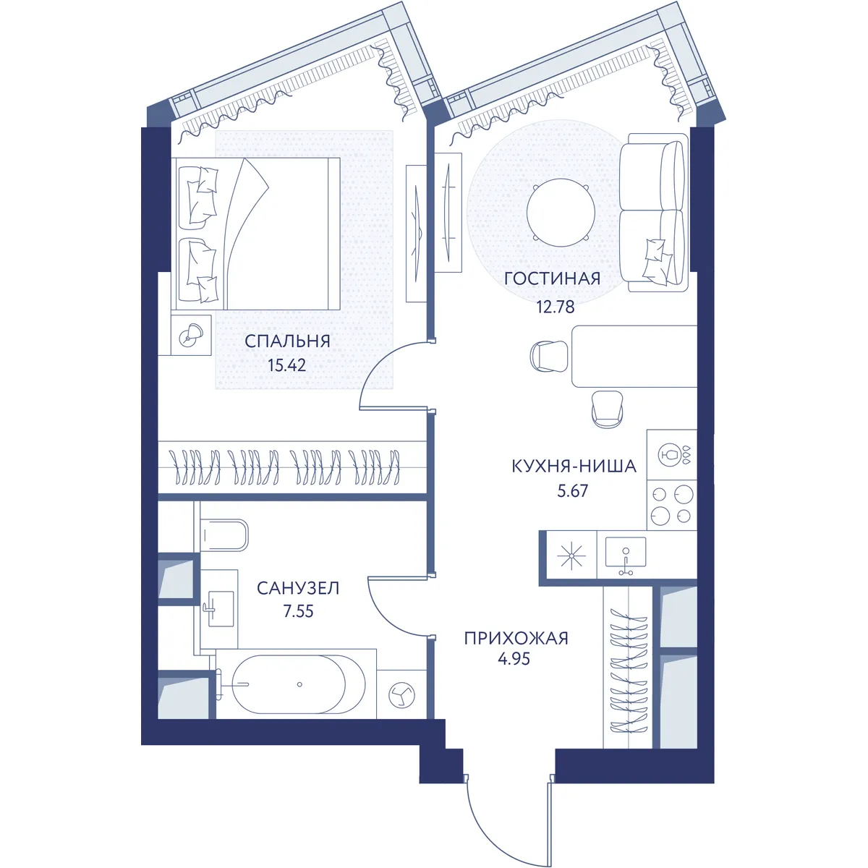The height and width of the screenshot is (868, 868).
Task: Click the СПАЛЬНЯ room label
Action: [287, 341]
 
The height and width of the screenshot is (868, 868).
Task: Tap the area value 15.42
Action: [287, 365]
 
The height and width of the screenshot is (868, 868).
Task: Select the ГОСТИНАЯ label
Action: [552, 278]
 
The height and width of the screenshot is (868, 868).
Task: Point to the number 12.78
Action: [556, 307]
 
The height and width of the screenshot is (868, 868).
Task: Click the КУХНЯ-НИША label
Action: [574, 467]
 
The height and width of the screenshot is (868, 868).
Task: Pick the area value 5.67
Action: [572, 490]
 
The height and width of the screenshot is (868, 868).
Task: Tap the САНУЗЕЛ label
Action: [298, 588]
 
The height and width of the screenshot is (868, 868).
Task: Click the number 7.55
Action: [298, 611]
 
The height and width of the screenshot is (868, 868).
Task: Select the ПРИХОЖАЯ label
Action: [516, 638]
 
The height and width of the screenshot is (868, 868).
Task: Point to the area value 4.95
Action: [514, 659]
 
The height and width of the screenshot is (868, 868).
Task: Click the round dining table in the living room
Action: [561, 213]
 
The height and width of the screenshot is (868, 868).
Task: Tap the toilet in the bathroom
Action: [224, 535]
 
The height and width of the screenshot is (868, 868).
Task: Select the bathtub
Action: [299, 685]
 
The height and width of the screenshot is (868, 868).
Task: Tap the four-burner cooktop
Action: [671, 505]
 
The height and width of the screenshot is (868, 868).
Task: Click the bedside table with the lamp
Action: [191, 335]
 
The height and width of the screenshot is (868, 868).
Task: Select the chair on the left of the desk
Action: [549, 357]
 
